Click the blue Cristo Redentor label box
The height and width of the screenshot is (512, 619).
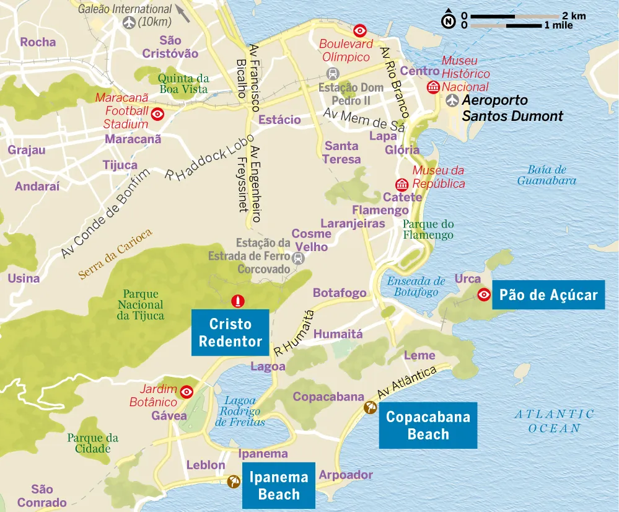coord(230,333)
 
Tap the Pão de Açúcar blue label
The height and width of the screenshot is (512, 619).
coord(548,294)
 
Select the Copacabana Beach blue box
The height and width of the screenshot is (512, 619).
coord(428,425)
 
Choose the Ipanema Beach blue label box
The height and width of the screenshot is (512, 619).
coord(279,486)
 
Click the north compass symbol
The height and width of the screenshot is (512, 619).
coord(447,20)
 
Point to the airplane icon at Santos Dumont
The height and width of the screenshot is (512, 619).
coord(452,100)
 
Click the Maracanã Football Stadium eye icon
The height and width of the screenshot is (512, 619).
coord(158,114)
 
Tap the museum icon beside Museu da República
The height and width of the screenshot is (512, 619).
coord(402,184)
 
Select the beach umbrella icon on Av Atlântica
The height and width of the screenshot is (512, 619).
coord(370,407)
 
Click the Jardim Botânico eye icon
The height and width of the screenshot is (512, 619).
coord(187,392)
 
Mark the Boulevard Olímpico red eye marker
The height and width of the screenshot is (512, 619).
coord(359,30)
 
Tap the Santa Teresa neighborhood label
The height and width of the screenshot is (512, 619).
coord(341,152)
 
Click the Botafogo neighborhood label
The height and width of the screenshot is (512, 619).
coord(340,293)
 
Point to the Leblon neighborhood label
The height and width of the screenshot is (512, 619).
coord(206,465)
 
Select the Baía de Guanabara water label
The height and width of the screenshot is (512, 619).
coord(547,175)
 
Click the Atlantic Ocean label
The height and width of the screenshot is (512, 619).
coord(555,421)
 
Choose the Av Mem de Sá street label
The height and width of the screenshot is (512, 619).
coord(364,121)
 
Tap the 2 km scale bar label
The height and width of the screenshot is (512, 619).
coord(574,16)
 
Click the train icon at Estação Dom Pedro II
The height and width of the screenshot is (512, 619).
coord(333,73)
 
